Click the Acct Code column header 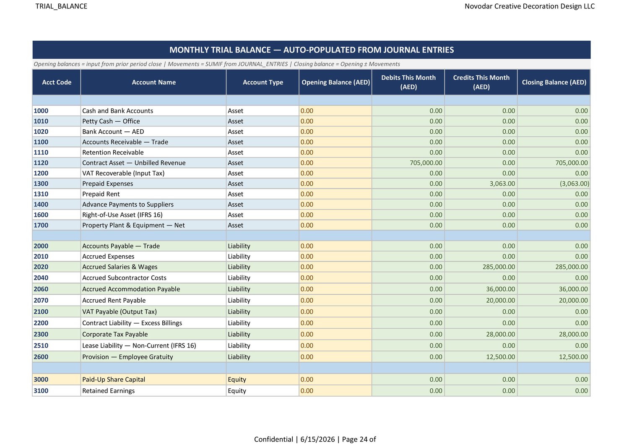(x=57, y=82)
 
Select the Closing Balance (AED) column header (x=554, y=82)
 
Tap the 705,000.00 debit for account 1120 (x=426, y=163)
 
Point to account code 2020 (x=41, y=267)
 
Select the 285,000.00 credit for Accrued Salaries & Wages (x=499, y=267)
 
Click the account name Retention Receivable (x=113, y=152)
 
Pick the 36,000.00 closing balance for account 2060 (x=573, y=289)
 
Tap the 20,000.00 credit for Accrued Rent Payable (x=500, y=300)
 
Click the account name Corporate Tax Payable (x=115, y=334)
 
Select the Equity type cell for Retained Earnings (x=237, y=391)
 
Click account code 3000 (x=41, y=380)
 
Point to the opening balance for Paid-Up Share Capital (x=307, y=380)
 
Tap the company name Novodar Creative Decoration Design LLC (x=530, y=6)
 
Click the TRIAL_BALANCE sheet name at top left (x=61, y=6)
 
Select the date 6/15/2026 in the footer (x=317, y=439)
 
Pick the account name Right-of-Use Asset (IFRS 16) (x=122, y=215)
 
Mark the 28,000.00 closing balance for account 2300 (x=573, y=334)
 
